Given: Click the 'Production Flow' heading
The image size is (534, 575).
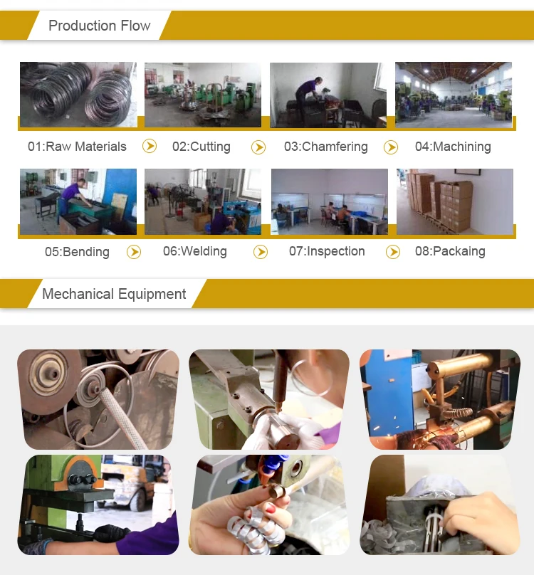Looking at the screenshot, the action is pos(100,26).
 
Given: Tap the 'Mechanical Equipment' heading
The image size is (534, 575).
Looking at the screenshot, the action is pos(114,294).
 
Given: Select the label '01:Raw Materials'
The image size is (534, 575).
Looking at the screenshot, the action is pos(77,147).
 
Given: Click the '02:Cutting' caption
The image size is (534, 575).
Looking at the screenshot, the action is pos(201,147).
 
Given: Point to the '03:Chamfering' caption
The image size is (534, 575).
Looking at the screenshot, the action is pos(326,147).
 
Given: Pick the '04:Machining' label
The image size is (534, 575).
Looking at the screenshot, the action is pos(453,147).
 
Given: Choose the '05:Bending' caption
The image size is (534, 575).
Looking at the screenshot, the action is pos(77,252).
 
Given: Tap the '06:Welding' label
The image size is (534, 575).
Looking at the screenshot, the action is pos(195,252).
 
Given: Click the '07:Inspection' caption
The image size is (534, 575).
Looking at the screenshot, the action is pos(327,252).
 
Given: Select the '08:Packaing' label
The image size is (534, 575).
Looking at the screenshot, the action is pos(450,252).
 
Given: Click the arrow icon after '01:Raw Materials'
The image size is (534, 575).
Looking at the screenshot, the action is pos(150,147).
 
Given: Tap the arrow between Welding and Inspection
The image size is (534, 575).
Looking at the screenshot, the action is pos(261,252).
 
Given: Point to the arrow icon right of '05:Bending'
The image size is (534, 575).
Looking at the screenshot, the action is pos(134,252).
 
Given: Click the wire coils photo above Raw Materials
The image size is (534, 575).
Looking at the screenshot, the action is pos(78,95).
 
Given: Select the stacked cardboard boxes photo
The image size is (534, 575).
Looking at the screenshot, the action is pos(455,201).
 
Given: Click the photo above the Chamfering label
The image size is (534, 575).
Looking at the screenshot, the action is pos(328,95).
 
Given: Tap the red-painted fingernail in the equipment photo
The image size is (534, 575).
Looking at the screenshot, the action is pos(271,508).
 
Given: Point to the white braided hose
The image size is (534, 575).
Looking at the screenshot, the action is pos(120,418).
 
